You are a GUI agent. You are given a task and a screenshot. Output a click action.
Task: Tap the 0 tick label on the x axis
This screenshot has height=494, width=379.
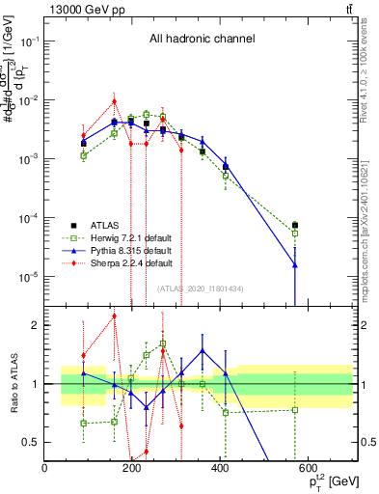coord(45,469)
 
